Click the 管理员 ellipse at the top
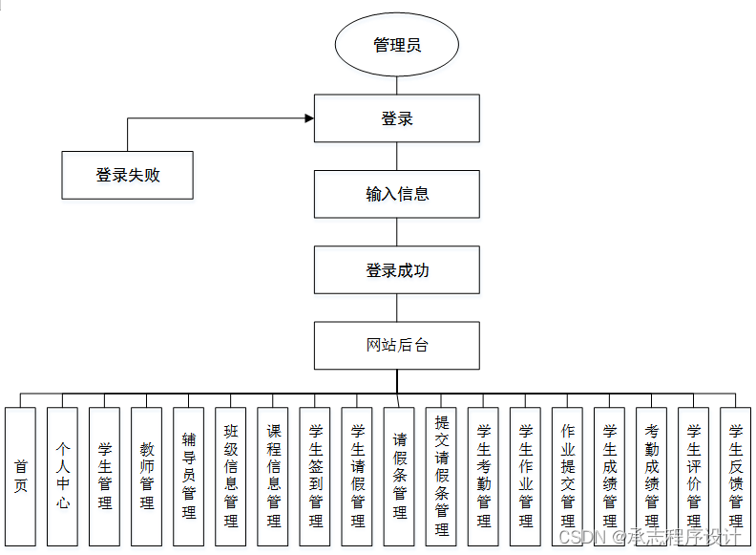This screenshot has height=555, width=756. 396,45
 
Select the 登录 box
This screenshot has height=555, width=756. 396,119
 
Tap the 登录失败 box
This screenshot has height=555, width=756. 127,175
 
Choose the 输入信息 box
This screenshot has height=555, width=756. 396,194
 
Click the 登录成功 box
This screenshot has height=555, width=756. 396,270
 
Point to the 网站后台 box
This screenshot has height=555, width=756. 396,345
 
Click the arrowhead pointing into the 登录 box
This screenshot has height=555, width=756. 308,118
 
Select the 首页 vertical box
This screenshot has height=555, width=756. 20,476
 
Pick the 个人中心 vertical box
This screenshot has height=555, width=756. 62,476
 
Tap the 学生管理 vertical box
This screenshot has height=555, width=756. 104,476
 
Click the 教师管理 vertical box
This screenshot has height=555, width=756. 146,476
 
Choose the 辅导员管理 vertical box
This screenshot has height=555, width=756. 188,476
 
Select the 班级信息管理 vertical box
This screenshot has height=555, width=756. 230,476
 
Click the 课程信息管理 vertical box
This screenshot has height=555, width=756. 273,476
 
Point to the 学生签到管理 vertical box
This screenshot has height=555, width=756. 315,476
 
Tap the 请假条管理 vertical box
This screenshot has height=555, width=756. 399,476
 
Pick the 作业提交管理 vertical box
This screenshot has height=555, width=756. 567,476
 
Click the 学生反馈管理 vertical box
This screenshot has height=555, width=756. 735,476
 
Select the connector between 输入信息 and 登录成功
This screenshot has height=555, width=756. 396,231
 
